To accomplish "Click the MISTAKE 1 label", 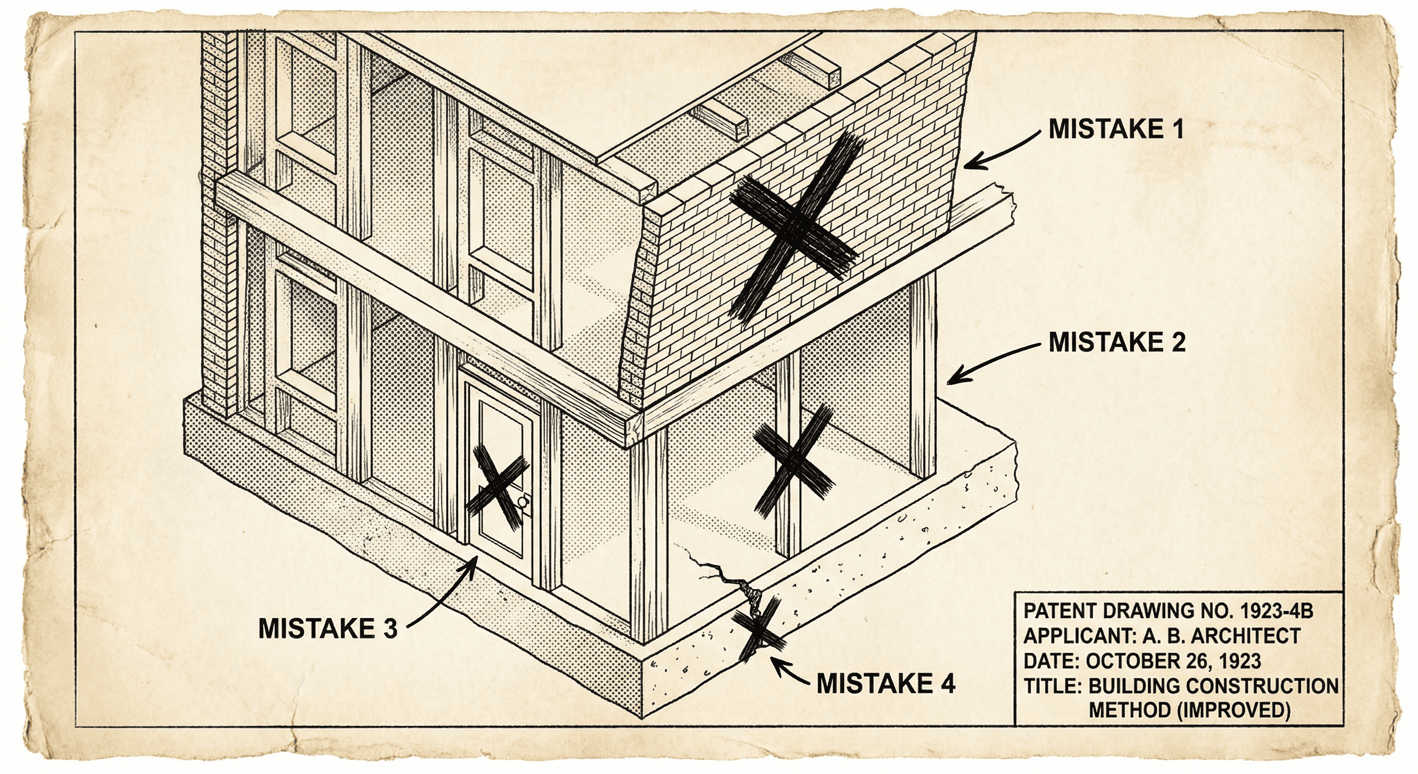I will (x=1115, y=129).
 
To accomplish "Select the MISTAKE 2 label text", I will (x=1116, y=342).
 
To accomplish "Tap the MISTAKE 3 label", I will (x=327, y=628).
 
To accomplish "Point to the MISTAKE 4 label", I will (x=885, y=684).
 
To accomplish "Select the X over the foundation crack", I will (x=758, y=631).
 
